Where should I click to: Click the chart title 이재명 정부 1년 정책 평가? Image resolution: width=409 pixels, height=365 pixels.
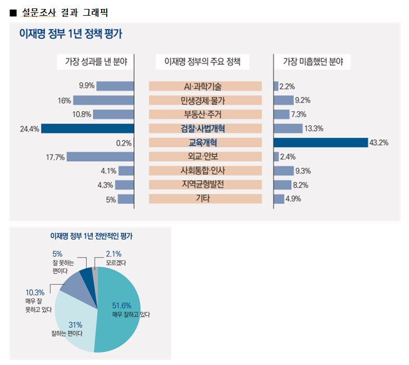tap(71, 34)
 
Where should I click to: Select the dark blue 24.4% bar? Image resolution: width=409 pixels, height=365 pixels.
tap(87, 129)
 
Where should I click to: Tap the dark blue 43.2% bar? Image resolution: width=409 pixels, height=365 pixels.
tap(320, 143)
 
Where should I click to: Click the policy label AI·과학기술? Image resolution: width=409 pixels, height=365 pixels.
tap(205, 86)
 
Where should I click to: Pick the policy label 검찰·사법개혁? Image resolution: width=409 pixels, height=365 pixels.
tap(205, 129)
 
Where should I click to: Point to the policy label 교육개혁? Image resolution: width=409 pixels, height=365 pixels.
tap(205, 143)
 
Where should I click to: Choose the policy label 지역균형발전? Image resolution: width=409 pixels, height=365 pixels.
tap(205, 185)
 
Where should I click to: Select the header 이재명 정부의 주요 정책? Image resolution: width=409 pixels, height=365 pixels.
tap(205, 61)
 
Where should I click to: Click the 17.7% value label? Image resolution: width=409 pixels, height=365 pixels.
tap(56, 157)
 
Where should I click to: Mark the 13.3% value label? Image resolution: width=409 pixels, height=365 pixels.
tap(313, 129)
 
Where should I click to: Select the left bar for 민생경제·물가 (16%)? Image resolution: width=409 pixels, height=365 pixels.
tap(103, 101)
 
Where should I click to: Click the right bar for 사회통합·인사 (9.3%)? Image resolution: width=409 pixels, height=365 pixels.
tap(283, 171)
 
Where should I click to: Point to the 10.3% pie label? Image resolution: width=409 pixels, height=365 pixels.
tap(34, 293)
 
